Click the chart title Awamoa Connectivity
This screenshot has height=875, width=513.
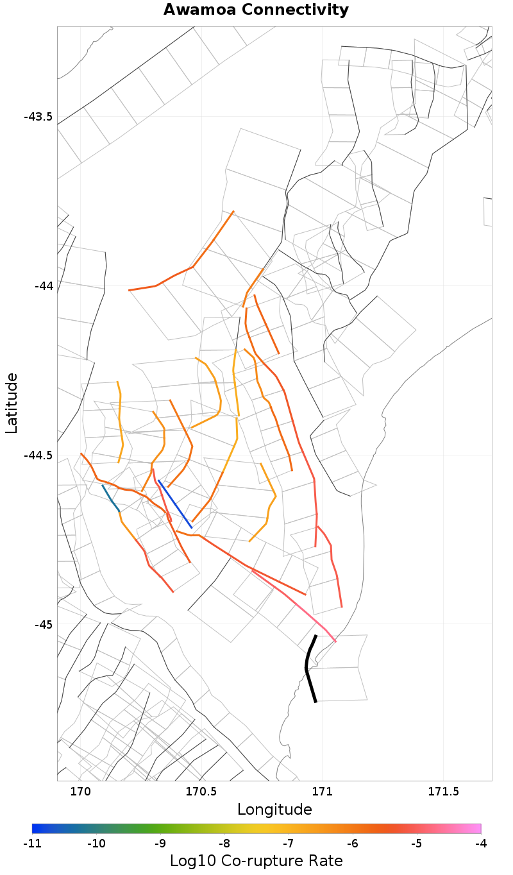(x=256, y=10)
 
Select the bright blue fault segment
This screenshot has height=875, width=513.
(x=174, y=504)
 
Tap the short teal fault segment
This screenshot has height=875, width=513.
(x=110, y=498)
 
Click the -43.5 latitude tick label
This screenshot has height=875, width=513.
(x=38, y=117)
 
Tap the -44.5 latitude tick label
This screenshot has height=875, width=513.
(x=38, y=455)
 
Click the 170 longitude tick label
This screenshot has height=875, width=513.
(x=80, y=792)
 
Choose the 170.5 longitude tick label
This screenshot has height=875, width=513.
(x=201, y=792)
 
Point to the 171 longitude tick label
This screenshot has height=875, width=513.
(x=322, y=792)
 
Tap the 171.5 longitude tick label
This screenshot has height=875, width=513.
(x=443, y=792)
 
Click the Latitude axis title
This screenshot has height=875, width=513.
(x=12, y=404)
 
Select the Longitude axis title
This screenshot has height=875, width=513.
(x=274, y=810)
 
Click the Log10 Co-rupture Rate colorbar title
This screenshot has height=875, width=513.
(x=256, y=860)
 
